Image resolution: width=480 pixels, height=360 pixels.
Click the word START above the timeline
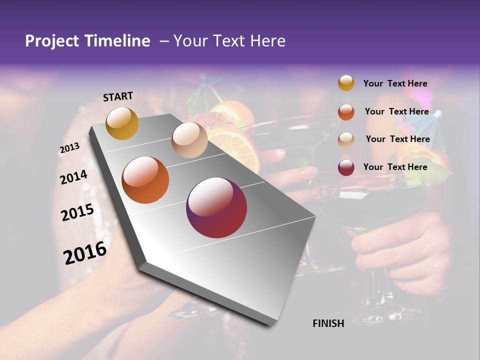tap(118, 96)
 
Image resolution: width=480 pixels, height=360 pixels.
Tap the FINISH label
tap(328, 323)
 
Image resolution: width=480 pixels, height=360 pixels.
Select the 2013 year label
tap(69, 148)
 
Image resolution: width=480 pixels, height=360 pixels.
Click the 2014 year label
tap(73, 177)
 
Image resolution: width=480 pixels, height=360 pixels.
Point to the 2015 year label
tap(77, 212)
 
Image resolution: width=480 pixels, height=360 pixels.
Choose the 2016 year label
tap(85, 252)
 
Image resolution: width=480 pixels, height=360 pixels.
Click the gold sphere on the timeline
tap(122, 123)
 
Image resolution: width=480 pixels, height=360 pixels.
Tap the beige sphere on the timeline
tap(189, 140)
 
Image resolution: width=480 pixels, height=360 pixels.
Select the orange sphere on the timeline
tap(145, 180)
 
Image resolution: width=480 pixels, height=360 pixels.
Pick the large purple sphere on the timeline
tap(216, 207)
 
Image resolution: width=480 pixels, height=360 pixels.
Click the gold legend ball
tap(346, 83)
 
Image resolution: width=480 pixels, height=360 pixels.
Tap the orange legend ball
tap(346, 112)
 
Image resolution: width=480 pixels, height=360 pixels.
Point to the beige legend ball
tap(346, 140)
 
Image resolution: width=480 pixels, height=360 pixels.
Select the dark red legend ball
tap(346, 167)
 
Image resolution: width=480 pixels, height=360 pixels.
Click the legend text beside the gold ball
tap(395, 83)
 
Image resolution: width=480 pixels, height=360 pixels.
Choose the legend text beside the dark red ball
tap(395, 167)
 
